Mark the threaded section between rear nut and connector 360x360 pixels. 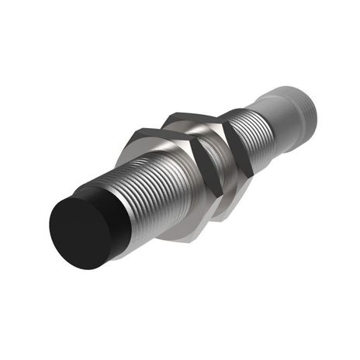coord(256,128)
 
